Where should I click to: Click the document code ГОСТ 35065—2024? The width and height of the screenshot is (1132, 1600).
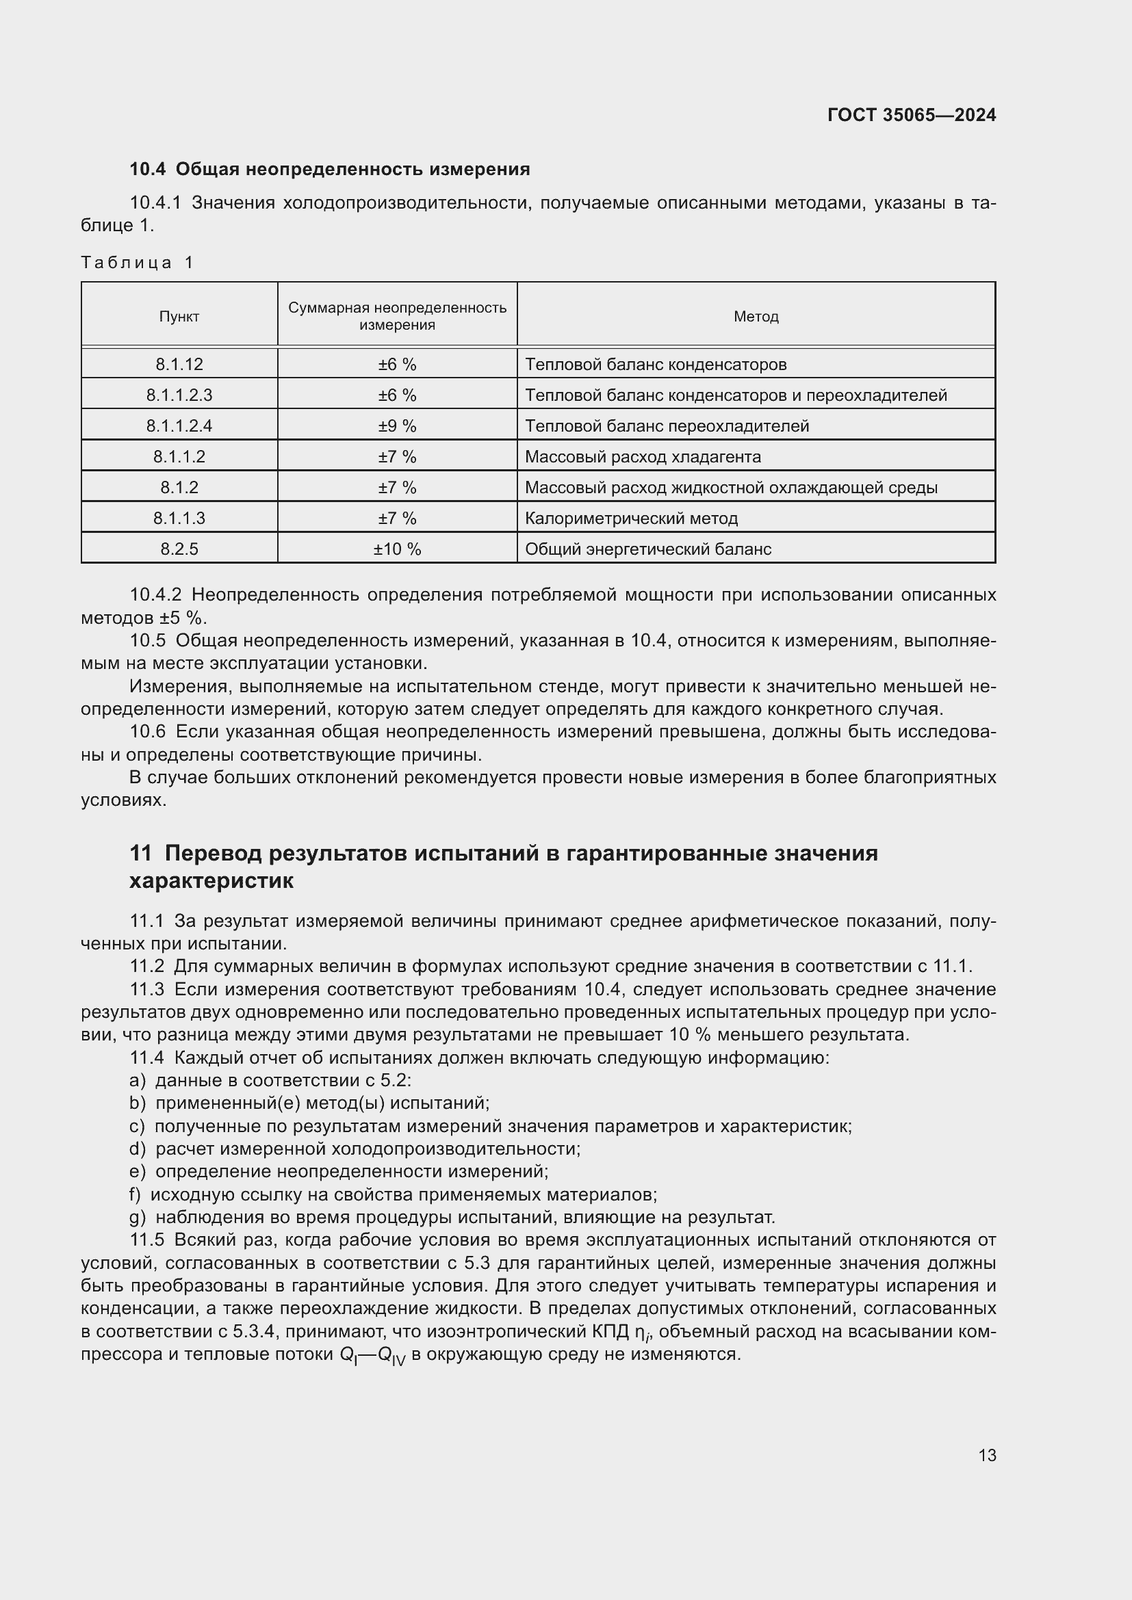911,115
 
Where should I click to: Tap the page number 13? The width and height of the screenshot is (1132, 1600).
987,1455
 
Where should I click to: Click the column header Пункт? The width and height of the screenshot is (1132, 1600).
179,317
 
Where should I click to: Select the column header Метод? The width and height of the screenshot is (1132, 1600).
756,317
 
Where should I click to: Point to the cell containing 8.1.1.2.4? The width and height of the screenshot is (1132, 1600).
179,425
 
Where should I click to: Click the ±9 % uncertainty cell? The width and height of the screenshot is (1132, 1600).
397,425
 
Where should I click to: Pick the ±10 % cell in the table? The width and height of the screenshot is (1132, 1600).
397,549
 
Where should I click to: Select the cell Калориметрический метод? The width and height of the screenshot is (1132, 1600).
631,519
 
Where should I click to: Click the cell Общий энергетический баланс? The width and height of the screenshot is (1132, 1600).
647,549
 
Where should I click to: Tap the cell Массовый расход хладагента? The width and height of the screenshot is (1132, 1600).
642,457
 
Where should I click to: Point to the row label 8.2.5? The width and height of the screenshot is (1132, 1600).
179,549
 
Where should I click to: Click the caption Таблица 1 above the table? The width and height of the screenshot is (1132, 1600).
138,263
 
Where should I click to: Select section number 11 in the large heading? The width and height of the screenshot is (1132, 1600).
140,853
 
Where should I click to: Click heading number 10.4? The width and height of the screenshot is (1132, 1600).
148,170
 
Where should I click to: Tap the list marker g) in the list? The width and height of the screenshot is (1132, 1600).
138,1218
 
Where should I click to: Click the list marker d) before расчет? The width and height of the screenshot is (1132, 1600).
138,1149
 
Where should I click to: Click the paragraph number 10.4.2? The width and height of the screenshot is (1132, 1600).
155,595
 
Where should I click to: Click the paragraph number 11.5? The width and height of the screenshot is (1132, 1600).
146,1240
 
